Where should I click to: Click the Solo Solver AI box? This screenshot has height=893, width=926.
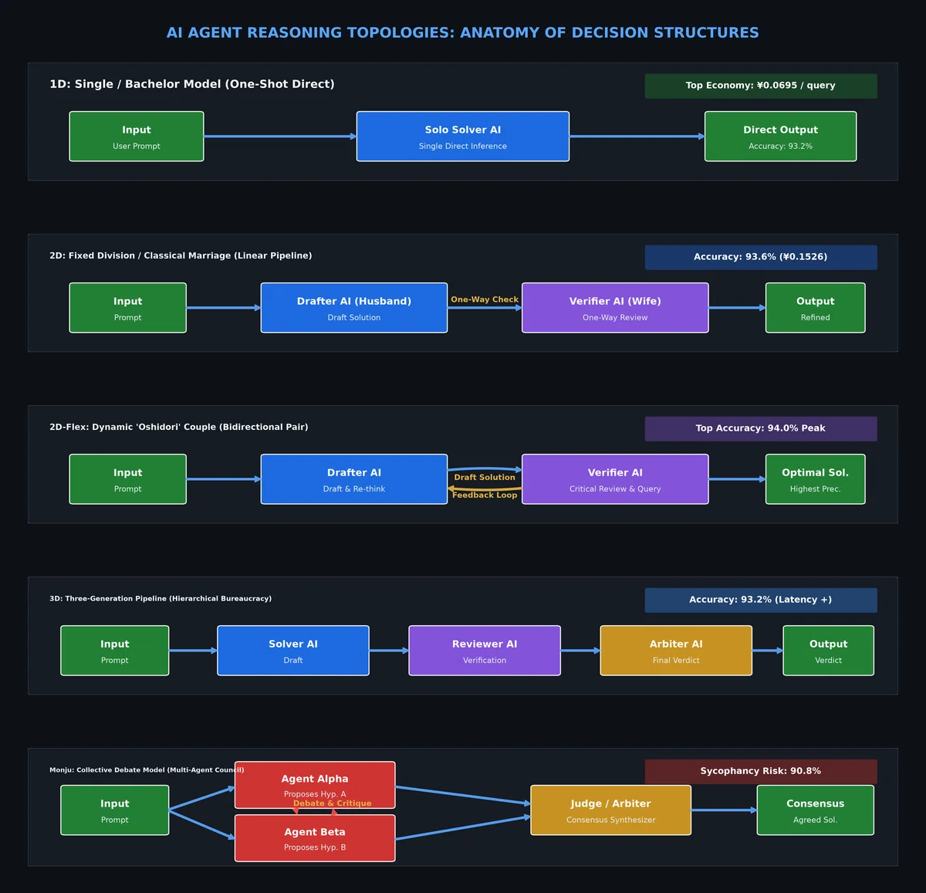(x=462, y=137)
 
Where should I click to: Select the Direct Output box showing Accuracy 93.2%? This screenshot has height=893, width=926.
(x=780, y=137)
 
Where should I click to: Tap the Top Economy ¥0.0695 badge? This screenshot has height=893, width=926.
(x=760, y=86)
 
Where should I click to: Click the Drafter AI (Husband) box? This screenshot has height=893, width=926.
(x=354, y=308)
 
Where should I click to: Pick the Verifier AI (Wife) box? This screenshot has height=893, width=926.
(x=615, y=308)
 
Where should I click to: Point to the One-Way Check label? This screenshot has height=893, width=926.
(x=485, y=299)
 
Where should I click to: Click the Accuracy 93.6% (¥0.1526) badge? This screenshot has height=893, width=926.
(x=760, y=257)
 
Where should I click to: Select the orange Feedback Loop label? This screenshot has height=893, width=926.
(x=485, y=495)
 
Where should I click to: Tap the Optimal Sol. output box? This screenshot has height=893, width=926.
(x=815, y=479)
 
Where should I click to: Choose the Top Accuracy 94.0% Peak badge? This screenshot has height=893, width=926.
(x=760, y=428)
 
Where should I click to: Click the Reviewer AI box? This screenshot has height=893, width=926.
(x=485, y=651)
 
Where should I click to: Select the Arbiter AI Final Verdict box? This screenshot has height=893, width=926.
(x=676, y=651)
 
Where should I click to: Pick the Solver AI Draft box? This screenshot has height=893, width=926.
(x=293, y=651)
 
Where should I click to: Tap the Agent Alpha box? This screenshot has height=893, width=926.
(x=315, y=785)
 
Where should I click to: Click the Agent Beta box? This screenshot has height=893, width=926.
(x=315, y=838)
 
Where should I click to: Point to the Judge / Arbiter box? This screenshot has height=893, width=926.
(x=610, y=810)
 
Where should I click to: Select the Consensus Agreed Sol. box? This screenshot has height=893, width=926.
(x=815, y=810)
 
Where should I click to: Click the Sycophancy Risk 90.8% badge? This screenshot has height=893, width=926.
(x=760, y=771)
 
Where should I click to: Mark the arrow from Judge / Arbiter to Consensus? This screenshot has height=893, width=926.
(x=724, y=810)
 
